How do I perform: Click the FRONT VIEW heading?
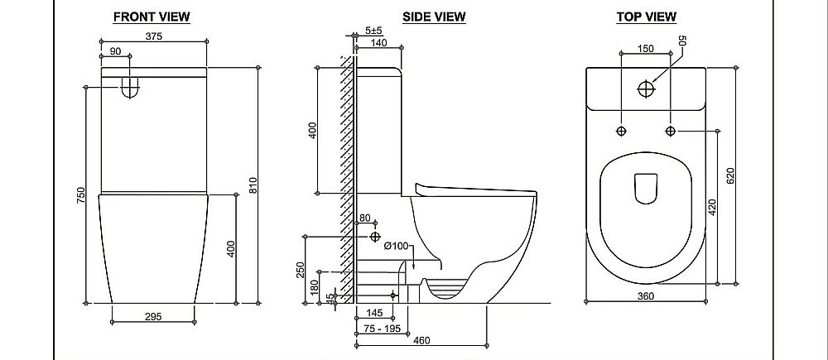click(x=152, y=17)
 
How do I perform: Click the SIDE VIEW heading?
click(x=434, y=17)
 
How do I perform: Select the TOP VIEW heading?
click(x=647, y=17)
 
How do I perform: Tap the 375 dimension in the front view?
click(x=153, y=36)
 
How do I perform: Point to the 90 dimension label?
click(x=115, y=51)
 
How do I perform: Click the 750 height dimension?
click(x=80, y=197)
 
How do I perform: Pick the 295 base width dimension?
click(x=152, y=317)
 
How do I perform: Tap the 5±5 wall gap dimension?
click(x=374, y=31)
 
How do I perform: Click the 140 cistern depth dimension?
click(x=379, y=43)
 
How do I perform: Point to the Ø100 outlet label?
click(x=396, y=246)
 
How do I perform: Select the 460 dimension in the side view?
click(x=421, y=340)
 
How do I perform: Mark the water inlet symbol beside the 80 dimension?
click(x=375, y=237)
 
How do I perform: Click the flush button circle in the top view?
click(x=647, y=89)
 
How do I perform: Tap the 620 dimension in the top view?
click(x=731, y=175)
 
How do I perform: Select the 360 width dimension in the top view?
click(x=646, y=296)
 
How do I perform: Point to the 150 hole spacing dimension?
click(x=645, y=49)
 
